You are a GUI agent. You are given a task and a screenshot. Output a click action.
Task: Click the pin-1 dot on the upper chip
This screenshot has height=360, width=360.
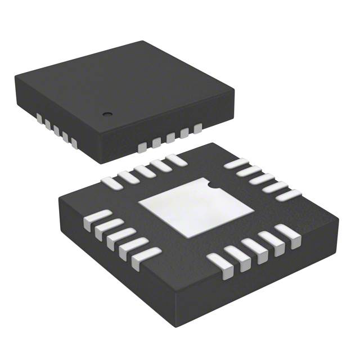[105, 114]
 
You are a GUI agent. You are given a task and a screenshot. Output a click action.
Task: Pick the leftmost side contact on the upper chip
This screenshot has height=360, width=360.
[40, 118]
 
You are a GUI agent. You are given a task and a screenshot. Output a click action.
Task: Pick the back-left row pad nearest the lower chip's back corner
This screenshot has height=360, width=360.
[176, 160]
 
